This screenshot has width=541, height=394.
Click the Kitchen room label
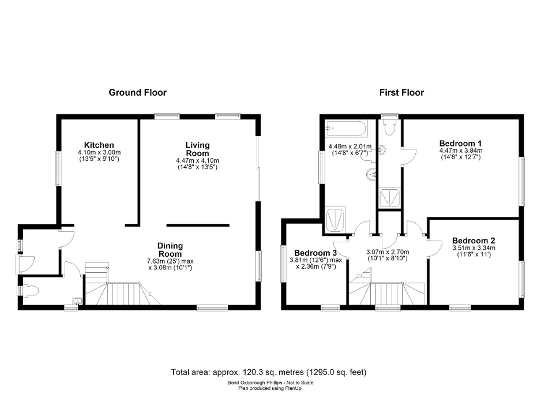point(99,145)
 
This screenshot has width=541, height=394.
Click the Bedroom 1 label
point(460,143)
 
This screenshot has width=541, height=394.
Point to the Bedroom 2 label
point(473,241)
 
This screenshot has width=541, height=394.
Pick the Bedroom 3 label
point(315,253)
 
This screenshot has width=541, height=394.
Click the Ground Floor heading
point(138,92)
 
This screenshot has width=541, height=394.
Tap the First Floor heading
point(401,92)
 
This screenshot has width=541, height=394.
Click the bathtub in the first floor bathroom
point(345,128)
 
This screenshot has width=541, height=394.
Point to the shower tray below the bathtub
point(336,220)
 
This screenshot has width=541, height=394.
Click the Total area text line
point(269,372)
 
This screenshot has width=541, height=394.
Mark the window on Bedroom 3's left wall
point(283,264)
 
